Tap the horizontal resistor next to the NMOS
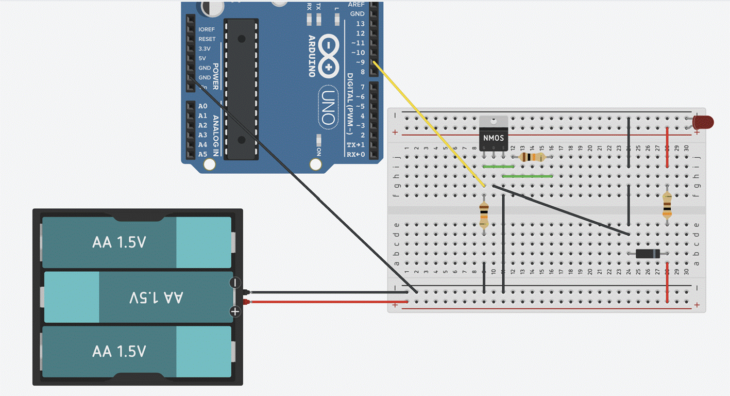532,157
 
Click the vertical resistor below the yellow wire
484,215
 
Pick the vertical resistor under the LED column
667,205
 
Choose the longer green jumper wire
527,176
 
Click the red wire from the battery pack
325,302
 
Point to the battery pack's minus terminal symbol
235,283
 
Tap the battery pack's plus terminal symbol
235,311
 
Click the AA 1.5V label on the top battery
119,242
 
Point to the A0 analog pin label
202,106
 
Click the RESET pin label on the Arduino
207,39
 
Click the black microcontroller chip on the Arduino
241,82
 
